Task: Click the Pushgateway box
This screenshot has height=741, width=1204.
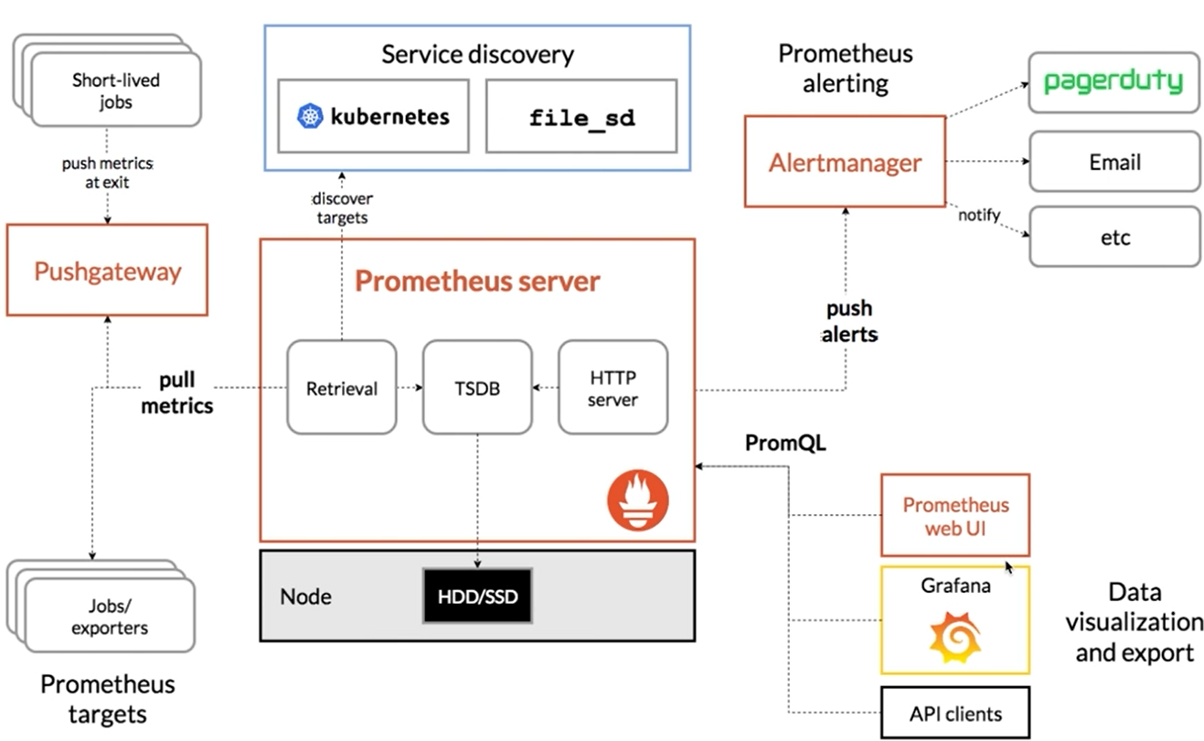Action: point(107,271)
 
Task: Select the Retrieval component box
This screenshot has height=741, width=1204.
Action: point(342,387)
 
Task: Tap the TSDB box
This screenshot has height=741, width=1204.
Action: point(477,387)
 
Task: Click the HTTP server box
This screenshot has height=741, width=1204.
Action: point(613,387)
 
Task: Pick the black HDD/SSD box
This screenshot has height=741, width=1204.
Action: point(476,596)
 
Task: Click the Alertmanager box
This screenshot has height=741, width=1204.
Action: point(845,163)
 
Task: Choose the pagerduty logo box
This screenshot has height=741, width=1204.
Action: point(1113,82)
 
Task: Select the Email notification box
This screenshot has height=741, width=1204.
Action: point(1113,162)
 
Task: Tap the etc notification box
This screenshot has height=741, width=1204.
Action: point(1113,237)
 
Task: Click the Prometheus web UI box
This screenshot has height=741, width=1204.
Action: point(955,515)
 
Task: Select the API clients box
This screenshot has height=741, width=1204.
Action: point(955,714)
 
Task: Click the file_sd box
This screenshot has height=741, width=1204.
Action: point(582,116)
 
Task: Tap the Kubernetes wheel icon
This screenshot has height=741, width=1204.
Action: point(311,116)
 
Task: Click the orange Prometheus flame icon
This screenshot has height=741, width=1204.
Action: point(638,499)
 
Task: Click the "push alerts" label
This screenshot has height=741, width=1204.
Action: point(849,321)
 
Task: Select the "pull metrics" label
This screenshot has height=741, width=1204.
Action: point(177,392)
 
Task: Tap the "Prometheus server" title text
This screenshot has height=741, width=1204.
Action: point(477,280)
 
